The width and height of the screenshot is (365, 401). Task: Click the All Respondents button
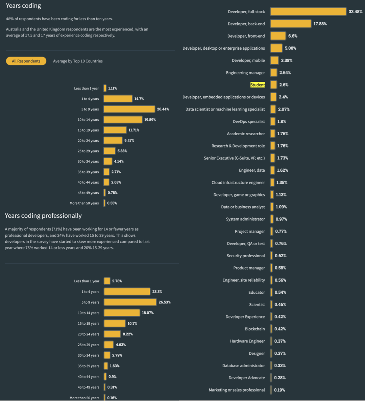[26, 61]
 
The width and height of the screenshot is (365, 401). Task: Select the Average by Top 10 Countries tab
[78, 61]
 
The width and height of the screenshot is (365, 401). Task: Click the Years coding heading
[23, 6]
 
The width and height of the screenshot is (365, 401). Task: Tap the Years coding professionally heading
[43, 216]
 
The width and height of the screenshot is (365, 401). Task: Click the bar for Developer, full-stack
[308, 11]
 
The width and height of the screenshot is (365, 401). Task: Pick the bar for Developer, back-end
[291, 24]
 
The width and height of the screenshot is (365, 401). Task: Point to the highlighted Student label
[258, 85]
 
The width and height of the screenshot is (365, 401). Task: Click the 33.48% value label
[356, 11]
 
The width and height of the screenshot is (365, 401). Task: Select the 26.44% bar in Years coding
[129, 109]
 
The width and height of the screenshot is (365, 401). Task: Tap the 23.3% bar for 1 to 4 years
[127, 291]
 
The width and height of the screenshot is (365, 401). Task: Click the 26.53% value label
[165, 302]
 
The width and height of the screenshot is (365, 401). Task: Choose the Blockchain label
[255, 329]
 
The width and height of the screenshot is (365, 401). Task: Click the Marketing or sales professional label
[237, 390]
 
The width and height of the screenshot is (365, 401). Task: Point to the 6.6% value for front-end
[293, 36]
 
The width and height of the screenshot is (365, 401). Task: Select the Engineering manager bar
[273, 73]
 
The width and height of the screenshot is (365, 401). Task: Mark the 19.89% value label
[150, 120]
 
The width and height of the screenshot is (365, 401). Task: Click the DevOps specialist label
[249, 121]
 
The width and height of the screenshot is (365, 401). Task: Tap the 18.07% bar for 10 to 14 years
[122, 313]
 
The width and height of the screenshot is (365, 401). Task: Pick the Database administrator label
[244, 365]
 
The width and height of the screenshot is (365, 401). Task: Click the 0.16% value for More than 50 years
[112, 398]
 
